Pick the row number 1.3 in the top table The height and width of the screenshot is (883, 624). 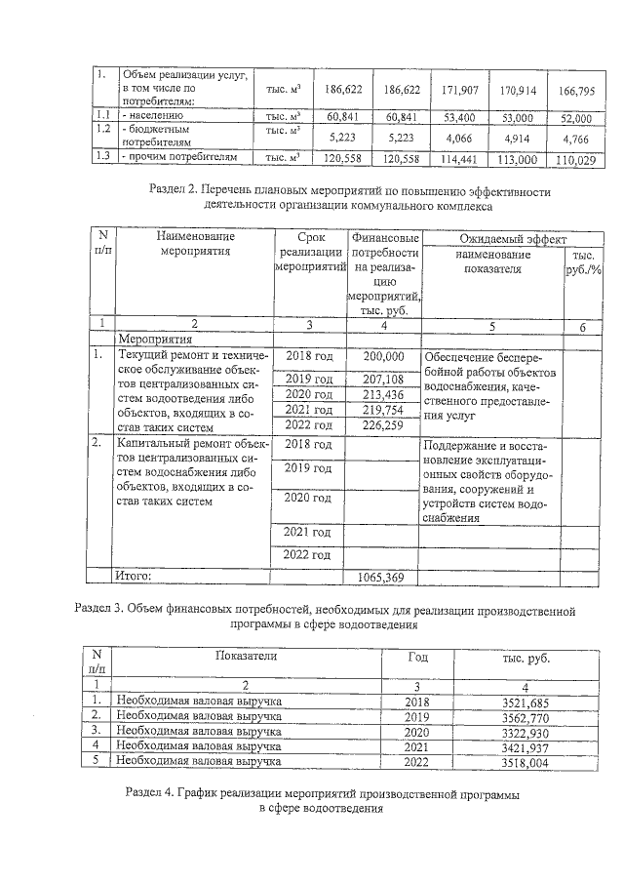tap(101, 156)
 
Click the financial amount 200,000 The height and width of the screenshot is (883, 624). tap(382, 358)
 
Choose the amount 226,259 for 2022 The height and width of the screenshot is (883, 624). tap(382, 424)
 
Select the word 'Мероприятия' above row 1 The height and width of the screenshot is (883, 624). tap(148, 341)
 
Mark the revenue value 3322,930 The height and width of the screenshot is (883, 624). tap(526, 731)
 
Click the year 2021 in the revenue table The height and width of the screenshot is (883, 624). tap(416, 746)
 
